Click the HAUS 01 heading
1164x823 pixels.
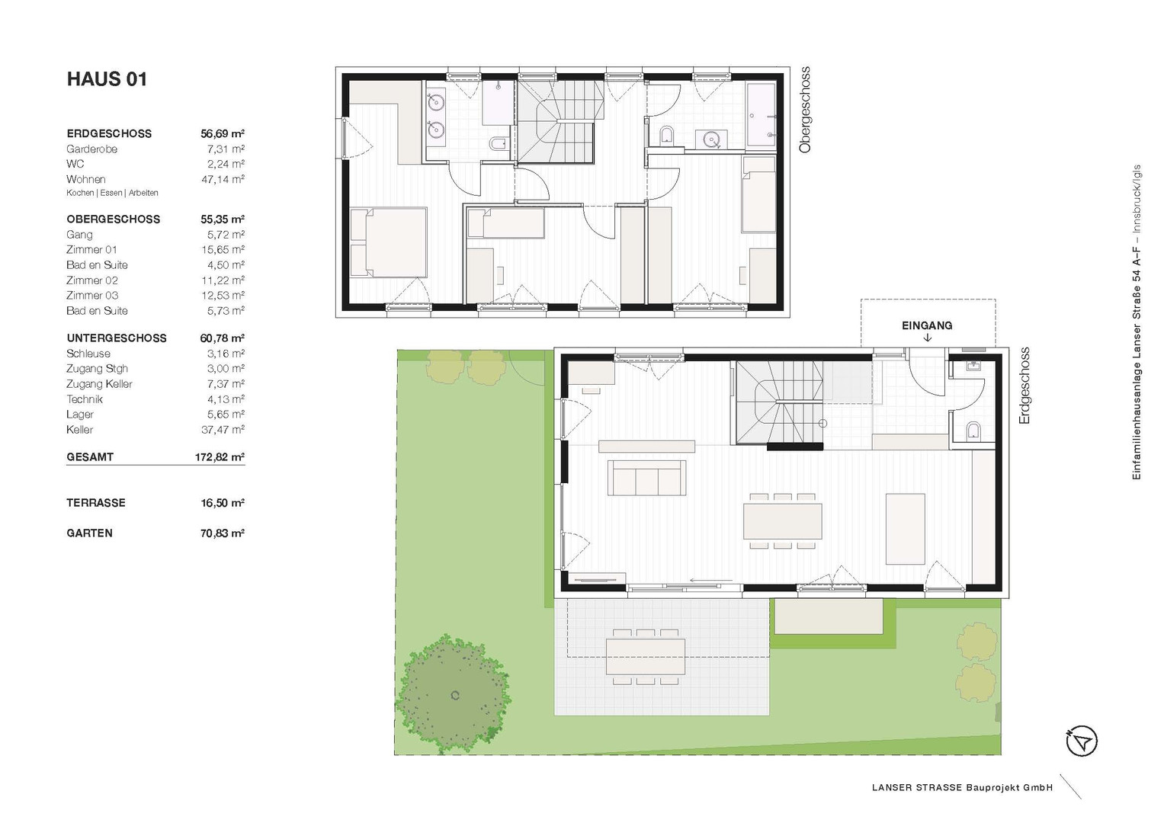click(x=107, y=79)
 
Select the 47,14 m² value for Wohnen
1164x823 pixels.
click(x=223, y=179)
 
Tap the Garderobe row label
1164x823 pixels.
click(x=92, y=149)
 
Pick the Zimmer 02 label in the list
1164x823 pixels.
click(x=92, y=280)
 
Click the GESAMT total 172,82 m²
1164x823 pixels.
click(x=220, y=457)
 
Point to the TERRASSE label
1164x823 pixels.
click(x=96, y=503)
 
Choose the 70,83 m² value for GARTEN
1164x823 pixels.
click(x=223, y=533)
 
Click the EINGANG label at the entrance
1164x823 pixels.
click(x=927, y=326)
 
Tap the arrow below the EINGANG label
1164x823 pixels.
click(x=928, y=338)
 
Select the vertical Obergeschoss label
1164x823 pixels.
click(x=805, y=110)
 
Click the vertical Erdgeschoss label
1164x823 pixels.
click(x=1024, y=386)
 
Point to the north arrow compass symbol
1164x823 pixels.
click(x=1082, y=741)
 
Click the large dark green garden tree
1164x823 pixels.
click(x=452, y=694)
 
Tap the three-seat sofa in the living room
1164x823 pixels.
click(x=646, y=478)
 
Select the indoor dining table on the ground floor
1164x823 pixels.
click(x=783, y=520)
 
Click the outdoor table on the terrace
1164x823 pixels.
click(x=646, y=657)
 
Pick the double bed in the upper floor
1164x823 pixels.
click(x=389, y=242)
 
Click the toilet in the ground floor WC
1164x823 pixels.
click(x=973, y=432)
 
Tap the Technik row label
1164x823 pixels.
click(x=85, y=399)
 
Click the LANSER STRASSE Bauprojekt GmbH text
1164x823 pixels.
click(x=963, y=788)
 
